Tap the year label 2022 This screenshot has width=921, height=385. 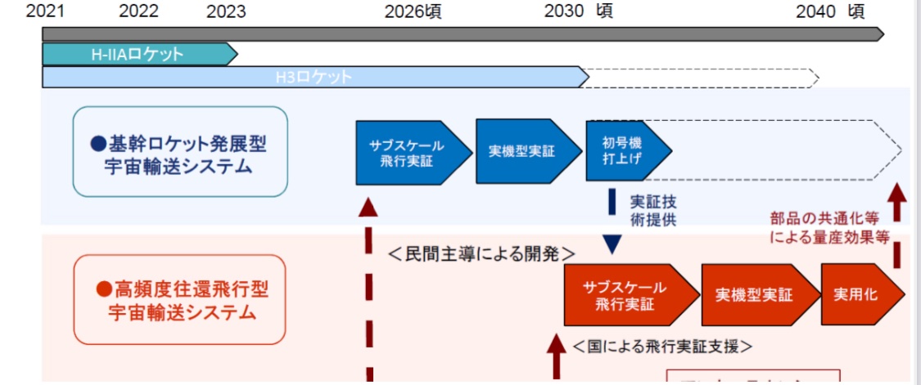(138, 11)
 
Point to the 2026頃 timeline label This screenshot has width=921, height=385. (413, 11)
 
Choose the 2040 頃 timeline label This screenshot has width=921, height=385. (829, 11)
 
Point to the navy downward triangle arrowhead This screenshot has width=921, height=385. (612, 244)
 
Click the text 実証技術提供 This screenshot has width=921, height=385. (652, 210)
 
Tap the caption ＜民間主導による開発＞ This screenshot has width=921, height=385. (482, 253)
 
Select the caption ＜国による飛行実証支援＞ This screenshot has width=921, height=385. (662, 347)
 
